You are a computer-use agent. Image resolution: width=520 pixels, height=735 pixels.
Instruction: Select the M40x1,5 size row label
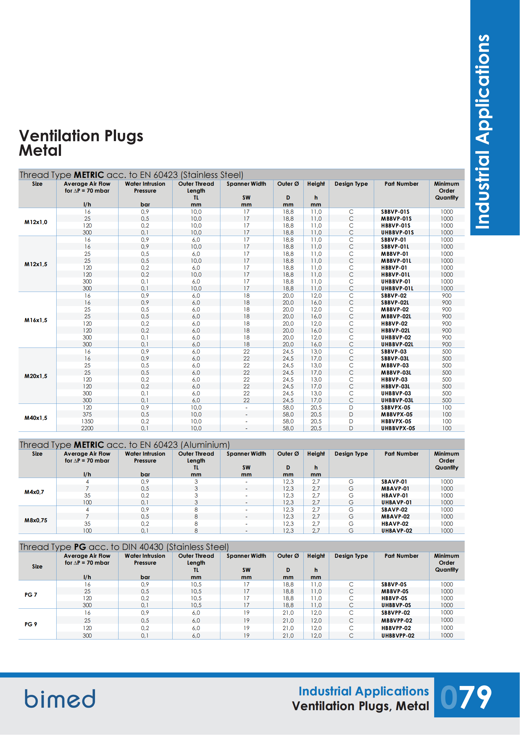[36, 418]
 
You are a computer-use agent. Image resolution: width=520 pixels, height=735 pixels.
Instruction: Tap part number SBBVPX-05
[396, 408]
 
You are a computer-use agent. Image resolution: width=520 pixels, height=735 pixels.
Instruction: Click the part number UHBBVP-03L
[397, 400]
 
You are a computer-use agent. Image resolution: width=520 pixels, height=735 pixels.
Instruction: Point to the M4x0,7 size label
[34, 492]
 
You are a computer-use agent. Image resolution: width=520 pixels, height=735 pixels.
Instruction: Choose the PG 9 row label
[31, 624]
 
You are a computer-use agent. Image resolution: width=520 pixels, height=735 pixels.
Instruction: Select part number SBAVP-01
[394, 481]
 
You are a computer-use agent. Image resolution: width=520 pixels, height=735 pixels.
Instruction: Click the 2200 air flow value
[87, 428]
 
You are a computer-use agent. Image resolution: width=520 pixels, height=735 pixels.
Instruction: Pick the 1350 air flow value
[87, 421]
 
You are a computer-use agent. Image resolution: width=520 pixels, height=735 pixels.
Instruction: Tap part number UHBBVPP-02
[398, 636]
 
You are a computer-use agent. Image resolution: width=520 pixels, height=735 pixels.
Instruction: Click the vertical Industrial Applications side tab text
[483, 131]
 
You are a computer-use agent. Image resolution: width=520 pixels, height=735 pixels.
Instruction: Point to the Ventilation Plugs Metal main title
[81, 143]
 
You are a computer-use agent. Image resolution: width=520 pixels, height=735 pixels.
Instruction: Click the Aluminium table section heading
[125, 445]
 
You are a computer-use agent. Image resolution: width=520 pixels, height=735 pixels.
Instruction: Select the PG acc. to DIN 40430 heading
[124, 547]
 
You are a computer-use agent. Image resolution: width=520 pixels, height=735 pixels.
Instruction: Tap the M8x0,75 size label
[36, 520]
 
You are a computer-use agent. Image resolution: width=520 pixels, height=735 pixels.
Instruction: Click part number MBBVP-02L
[396, 316]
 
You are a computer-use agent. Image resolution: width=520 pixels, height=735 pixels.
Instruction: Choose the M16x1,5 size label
[36, 320]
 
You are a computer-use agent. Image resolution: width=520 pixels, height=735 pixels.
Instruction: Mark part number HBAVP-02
[395, 524]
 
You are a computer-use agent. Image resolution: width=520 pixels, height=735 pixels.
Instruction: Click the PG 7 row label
[31, 595]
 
